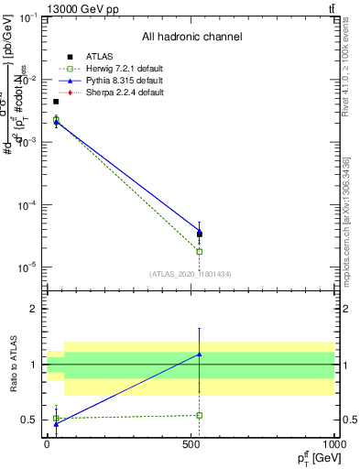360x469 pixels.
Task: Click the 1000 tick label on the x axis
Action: click(x=333, y=445)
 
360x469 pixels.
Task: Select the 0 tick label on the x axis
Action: click(x=47, y=445)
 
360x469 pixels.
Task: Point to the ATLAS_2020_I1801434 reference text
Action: click(x=191, y=274)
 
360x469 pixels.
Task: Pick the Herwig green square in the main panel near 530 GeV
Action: click(x=199, y=251)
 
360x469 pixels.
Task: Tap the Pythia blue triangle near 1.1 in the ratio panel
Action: click(x=199, y=354)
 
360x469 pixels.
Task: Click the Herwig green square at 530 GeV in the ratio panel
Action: click(x=199, y=415)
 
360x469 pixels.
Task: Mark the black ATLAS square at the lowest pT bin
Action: click(x=56, y=102)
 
